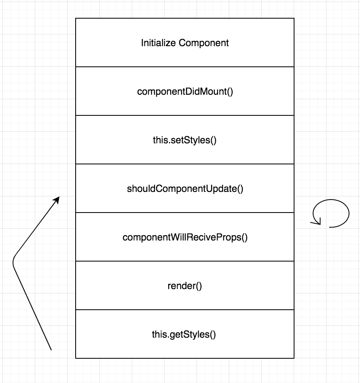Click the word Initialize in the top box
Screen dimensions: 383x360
(x=159, y=43)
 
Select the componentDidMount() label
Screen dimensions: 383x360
(x=185, y=91)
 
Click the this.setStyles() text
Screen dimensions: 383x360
(x=185, y=140)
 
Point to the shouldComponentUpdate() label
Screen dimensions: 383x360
(x=185, y=189)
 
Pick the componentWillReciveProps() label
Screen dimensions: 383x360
(x=185, y=237)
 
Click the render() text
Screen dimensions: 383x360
(x=185, y=286)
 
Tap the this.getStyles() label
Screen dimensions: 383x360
(x=184, y=335)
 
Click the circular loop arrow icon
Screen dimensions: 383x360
(x=331, y=213)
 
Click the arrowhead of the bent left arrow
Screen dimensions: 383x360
(x=57, y=199)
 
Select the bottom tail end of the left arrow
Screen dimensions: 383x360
(x=51, y=349)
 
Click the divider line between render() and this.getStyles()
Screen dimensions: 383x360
(x=185, y=310)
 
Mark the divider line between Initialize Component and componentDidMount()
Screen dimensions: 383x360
(x=185, y=67)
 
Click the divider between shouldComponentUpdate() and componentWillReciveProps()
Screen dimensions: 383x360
(x=185, y=213)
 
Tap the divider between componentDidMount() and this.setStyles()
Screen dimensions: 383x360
(x=185, y=115)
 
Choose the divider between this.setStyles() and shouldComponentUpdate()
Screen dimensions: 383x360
(x=185, y=164)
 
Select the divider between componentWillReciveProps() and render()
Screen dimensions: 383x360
(x=185, y=261)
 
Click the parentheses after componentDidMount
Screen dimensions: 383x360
(x=230, y=92)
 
